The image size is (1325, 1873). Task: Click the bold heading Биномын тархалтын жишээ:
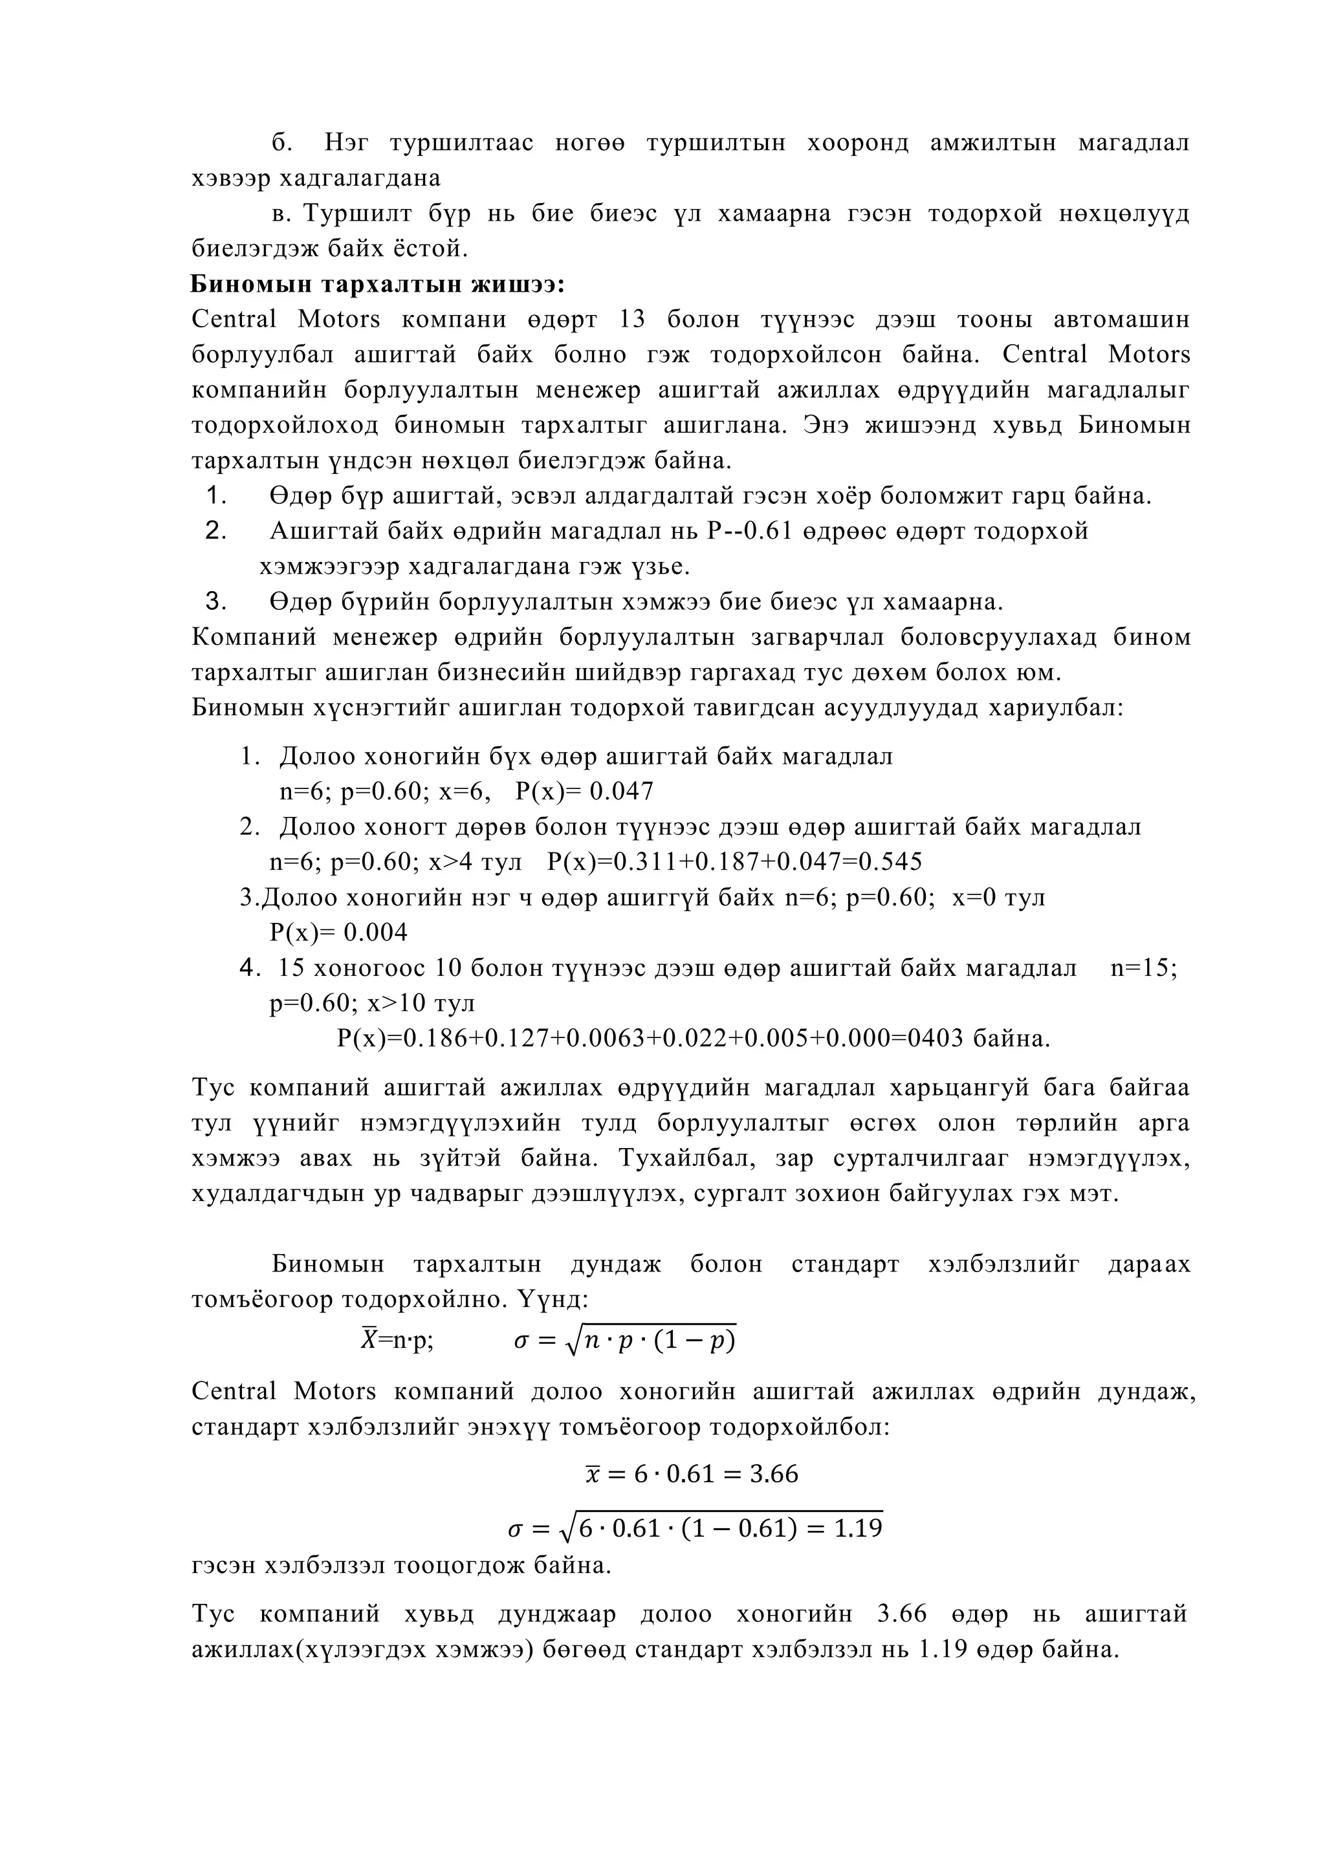[x=378, y=285]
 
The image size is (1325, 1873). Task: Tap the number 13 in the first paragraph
[x=631, y=319]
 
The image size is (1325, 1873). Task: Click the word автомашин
[x=1122, y=319]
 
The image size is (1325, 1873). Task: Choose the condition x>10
[x=397, y=1003]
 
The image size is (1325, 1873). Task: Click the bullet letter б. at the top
[x=282, y=144]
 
